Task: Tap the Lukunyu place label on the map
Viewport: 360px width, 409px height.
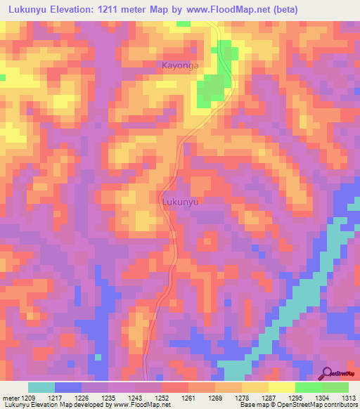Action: tap(181, 202)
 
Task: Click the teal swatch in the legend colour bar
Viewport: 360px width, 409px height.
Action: tap(41, 387)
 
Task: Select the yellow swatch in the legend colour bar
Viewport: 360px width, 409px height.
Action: tap(281, 387)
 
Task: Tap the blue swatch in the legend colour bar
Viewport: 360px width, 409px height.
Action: tap(68, 387)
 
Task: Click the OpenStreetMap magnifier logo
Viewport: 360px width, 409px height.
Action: tap(328, 373)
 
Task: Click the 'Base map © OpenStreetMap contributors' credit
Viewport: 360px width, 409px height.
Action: tap(298, 405)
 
